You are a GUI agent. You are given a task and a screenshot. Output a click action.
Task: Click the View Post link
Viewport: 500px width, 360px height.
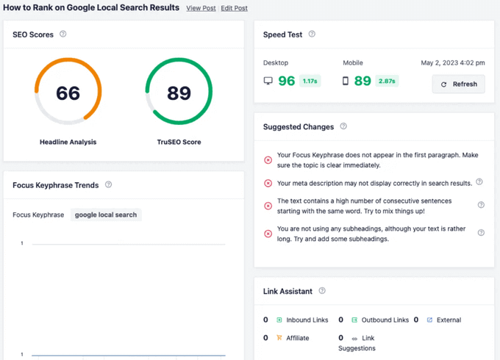click(201, 8)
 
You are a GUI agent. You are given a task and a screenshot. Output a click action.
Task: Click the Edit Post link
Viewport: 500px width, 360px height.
click(234, 8)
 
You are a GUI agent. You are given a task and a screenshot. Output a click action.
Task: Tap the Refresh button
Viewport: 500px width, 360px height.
click(458, 84)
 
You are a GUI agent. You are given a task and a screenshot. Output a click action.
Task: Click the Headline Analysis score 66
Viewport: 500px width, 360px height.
click(68, 93)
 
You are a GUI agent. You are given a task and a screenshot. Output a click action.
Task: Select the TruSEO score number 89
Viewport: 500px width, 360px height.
click(179, 93)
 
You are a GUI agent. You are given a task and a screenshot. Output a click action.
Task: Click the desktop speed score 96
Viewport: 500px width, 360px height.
click(286, 81)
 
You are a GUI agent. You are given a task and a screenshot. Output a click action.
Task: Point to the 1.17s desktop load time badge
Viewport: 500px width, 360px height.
click(310, 81)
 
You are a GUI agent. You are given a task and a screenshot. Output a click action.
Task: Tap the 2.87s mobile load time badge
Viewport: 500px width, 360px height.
click(387, 81)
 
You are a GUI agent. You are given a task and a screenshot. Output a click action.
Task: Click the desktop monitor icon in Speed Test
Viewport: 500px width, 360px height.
click(268, 81)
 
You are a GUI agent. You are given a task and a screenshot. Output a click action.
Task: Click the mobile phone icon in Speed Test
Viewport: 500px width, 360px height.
click(346, 81)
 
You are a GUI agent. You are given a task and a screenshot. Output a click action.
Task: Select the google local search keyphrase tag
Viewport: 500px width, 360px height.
click(106, 215)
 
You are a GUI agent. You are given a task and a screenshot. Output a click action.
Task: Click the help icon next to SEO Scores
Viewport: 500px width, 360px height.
click(63, 34)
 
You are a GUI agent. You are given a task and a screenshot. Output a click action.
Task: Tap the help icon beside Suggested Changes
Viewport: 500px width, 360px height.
click(343, 126)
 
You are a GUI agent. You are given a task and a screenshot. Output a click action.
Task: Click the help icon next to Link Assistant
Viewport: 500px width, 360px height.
click(322, 291)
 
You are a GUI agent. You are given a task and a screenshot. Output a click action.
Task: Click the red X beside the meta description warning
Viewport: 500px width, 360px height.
click(268, 183)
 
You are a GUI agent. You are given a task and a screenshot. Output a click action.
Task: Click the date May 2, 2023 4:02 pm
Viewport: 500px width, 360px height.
click(452, 63)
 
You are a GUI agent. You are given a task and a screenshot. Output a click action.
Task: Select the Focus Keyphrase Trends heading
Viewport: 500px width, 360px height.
click(55, 185)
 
